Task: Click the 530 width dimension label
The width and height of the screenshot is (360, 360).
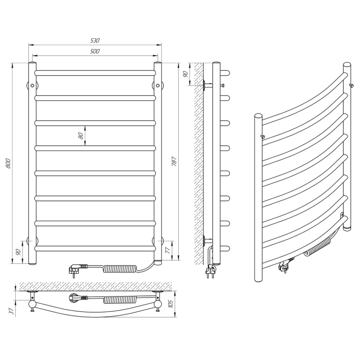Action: [94, 40]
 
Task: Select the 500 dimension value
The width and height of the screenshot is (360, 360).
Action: [94, 51]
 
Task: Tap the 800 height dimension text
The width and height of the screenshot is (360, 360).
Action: [8, 163]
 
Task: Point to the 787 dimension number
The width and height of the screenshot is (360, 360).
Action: [174, 162]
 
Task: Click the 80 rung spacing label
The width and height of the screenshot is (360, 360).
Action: [81, 136]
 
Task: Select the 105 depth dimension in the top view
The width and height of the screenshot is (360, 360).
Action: [171, 304]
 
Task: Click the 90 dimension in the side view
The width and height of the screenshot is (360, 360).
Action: [185, 74]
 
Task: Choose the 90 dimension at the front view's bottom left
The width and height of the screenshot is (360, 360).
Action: [18, 252]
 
